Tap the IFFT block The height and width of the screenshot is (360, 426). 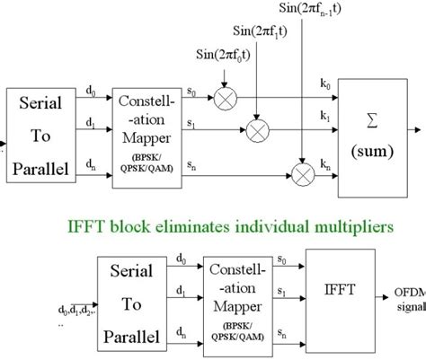pos(339,291)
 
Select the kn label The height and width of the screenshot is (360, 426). pos(325,151)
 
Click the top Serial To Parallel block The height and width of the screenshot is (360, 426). pos(40,145)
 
